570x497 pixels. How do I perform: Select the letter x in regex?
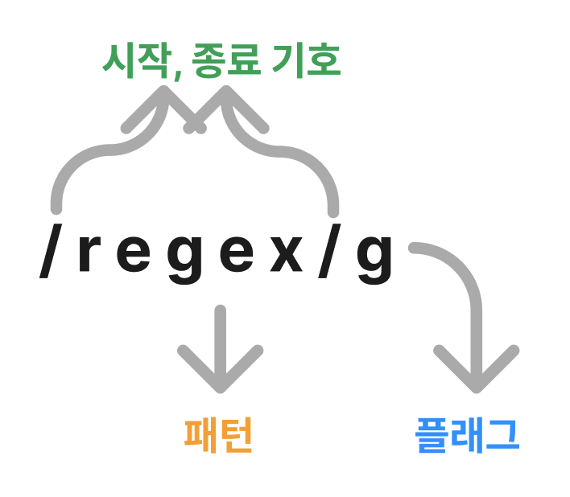tap(286, 257)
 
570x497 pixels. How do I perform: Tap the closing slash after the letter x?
tap(329, 256)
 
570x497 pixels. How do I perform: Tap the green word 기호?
tap(311, 62)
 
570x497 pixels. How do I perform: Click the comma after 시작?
tap(176, 74)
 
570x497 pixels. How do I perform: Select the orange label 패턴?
tap(219, 435)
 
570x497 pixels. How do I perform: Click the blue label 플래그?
tap(467, 435)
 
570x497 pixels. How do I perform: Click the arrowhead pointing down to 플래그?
tap(476, 372)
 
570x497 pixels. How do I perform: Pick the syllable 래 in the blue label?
tap(467, 435)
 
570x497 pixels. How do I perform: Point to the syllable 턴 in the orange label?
tap(236, 435)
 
